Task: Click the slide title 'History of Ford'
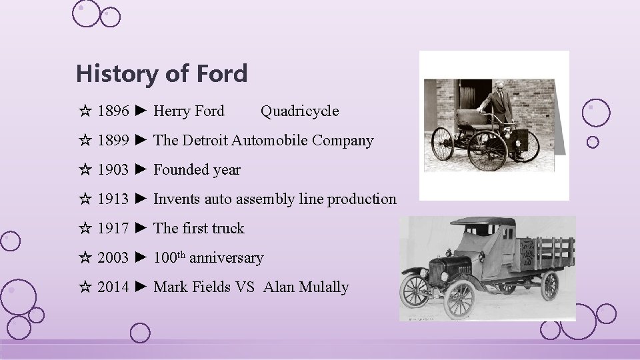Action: coord(161,73)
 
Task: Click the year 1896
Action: coord(113,111)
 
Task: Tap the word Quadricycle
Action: coord(299,111)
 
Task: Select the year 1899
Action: coord(113,140)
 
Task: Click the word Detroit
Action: coord(204,140)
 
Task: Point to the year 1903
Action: coord(113,169)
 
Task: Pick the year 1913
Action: coord(113,199)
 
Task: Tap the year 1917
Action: coord(113,228)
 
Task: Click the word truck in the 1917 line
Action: coord(228,228)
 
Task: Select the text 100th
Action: coord(169,257)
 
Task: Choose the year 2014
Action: coord(113,287)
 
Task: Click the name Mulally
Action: coord(324,287)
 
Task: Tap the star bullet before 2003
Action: coord(85,258)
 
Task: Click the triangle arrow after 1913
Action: coord(140,199)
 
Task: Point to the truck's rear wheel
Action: coord(549,285)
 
